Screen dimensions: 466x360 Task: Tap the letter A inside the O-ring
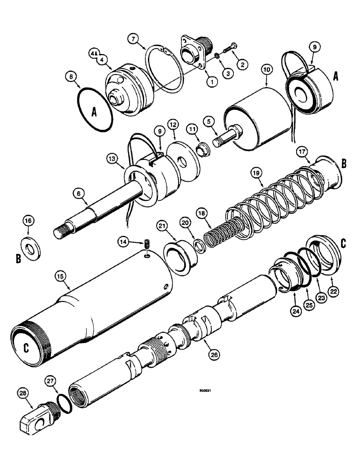pos(94,112)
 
